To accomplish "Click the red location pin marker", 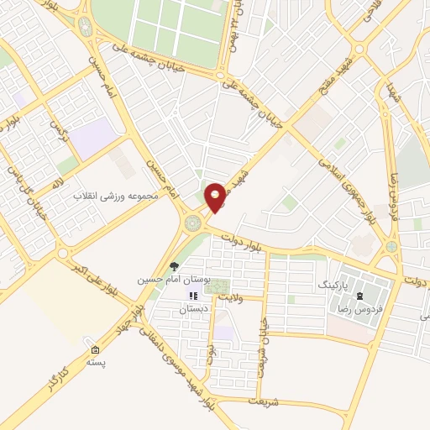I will click(x=216, y=197).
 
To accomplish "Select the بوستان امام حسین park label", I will click(x=173, y=277).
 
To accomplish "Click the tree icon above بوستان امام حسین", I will click(x=174, y=266).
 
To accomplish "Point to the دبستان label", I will click(x=192, y=308).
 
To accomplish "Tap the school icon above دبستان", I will click(x=193, y=296).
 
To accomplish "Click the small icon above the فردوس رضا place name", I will click(x=360, y=296).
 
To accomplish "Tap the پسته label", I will click(x=96, y=362).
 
